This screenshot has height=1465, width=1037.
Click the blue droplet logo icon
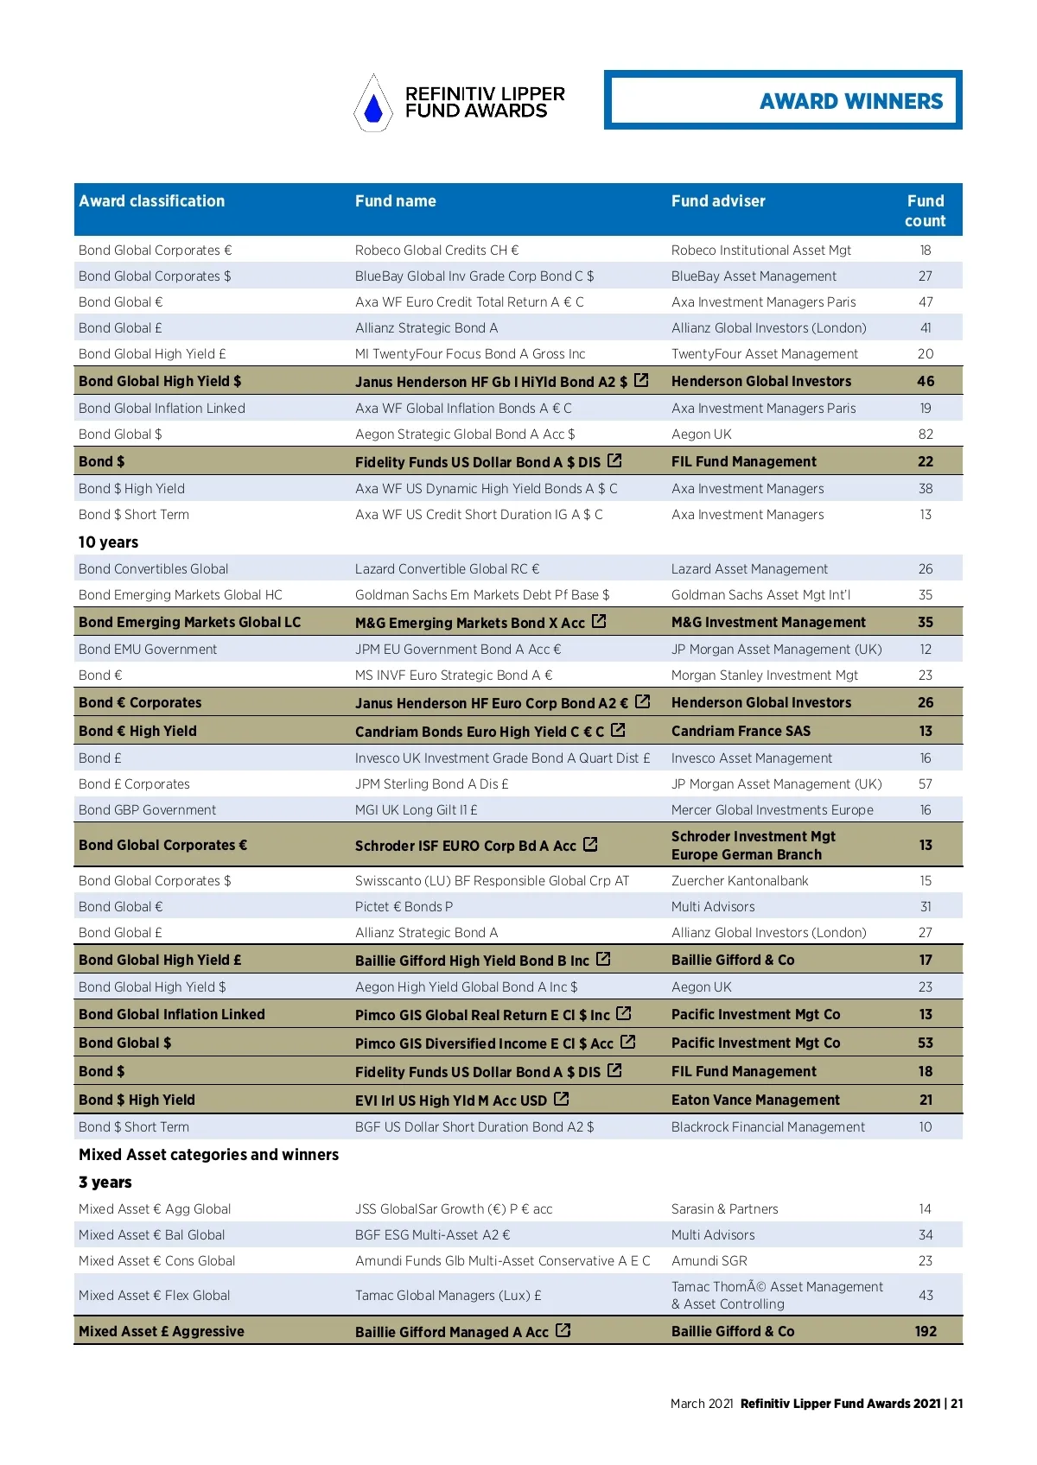coord(373,105)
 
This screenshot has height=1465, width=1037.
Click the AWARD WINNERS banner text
coord(850,101)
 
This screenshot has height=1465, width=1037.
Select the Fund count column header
coord(925,211)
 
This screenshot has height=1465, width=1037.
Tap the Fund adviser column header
coord(718,201)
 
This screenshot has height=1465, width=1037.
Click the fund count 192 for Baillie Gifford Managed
coord(926,1331)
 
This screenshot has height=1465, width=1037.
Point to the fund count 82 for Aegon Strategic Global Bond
coord(926,434)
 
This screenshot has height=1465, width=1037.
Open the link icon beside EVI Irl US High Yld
coord(562,1099)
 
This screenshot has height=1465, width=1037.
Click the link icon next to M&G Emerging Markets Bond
coord(599,621)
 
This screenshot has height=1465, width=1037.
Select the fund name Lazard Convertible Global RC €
coord(447,568)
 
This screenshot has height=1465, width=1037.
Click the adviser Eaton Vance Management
coord(755,1100)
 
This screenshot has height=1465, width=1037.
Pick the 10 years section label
coord(108,542)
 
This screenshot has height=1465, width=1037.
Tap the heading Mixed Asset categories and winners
coord(208,1155)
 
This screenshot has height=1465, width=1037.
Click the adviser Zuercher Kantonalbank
coord(740,880)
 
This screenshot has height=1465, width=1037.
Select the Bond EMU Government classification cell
coord(148,649)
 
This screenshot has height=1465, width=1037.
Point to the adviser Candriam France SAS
coord(741,731)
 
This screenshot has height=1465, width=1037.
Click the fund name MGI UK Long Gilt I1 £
coord(416,809)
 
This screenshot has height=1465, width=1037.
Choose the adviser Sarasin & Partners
coord(724,1208)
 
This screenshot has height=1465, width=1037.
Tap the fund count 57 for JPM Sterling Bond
coord(926,783)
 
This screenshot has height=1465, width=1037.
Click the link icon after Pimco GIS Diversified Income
coord(628,1042)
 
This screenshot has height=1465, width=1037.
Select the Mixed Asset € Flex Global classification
coord(154,1295)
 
